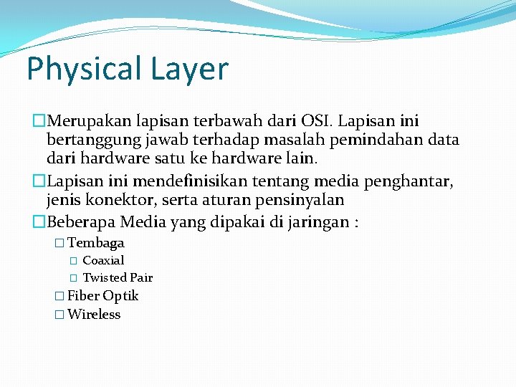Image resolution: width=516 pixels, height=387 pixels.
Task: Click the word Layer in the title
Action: point(189,70)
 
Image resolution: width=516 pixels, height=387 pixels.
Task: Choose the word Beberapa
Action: point(82,221)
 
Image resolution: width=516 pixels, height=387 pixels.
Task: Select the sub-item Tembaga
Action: point(96,243)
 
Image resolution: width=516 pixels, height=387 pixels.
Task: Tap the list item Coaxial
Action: point(103,261)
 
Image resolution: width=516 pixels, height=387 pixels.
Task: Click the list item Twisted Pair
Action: point(118,278)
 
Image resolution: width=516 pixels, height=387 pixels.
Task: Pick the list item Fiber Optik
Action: point(102,296)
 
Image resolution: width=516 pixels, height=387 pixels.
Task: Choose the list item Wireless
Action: point(94,315)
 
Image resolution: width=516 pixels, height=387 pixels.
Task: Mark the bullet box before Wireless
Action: point(59,315)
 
